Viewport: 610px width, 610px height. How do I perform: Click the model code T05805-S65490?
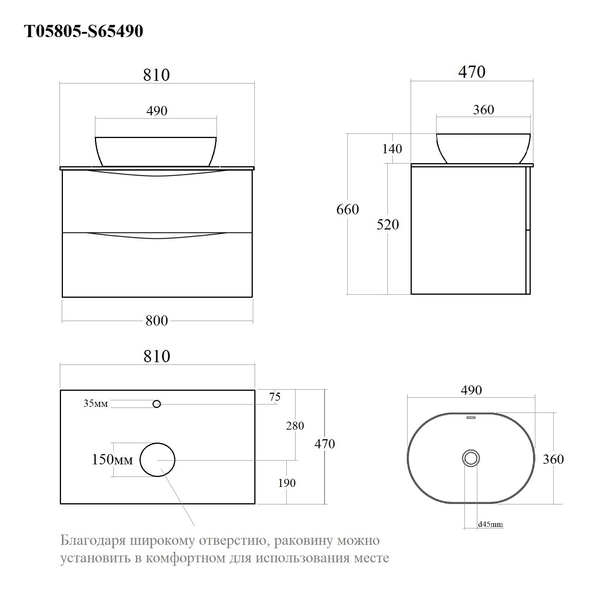click(83, 31)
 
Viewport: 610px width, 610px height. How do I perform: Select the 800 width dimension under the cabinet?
click(157, 321)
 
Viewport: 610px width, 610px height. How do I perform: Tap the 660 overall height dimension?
click(348, 209)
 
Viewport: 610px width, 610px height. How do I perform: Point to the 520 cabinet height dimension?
click(388, 225)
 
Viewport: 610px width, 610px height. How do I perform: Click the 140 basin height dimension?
click(392, 149)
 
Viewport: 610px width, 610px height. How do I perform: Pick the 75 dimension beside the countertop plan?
click(274, 397)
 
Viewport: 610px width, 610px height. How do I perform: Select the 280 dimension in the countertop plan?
click(295, 425)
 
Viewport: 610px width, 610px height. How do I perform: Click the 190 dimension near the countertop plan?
click(287, 483)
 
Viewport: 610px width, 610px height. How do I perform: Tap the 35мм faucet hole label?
click(96, 403)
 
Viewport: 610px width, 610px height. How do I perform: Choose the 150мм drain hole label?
click(112, 460)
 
